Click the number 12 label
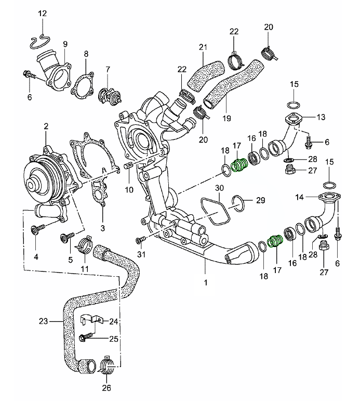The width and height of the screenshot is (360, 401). [x=42, y=13]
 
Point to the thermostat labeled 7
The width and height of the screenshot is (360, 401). [x=109, y=95]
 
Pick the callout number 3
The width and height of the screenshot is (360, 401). [x=103, y=228]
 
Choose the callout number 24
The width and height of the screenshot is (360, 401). [x=114, y=321]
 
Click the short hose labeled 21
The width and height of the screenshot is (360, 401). [x=206, y=75]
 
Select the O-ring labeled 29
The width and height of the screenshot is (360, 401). [x=237, y=204]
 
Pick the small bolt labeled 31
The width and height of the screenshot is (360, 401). [x=140, y=240]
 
